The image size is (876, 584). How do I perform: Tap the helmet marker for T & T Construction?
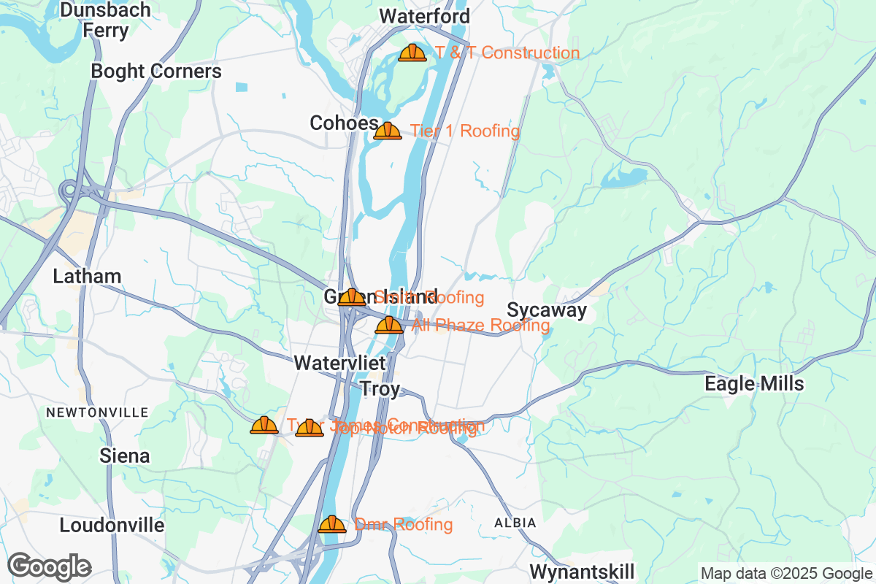coord(412,53)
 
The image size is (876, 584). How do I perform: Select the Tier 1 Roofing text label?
coord(464,131)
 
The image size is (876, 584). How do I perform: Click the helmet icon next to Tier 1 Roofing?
coord(388,131)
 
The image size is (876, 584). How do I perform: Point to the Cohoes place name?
coord(344,123)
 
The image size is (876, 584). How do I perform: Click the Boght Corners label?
coord(155,71)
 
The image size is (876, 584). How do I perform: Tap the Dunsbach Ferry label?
coord(106,20)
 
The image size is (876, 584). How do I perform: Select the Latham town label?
coord(87,276)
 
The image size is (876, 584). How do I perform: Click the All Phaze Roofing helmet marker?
coord(389,325)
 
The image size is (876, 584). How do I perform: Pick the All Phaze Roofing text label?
coord(480,325)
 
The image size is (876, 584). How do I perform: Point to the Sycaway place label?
coord(547,310)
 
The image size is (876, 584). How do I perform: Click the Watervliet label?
coord(339,363)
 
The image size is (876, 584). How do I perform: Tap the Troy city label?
coord(380,389)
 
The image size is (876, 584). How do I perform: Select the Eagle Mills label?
coord(754,384)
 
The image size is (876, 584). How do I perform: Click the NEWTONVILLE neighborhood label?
coord(97,412)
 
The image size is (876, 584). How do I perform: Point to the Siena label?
coord(125,456)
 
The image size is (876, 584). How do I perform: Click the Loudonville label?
coord(112,525)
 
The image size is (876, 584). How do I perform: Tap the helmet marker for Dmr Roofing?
coord(332,524)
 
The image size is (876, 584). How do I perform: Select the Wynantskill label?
coord(582,570)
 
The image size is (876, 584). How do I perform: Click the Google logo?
coord(50,566)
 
